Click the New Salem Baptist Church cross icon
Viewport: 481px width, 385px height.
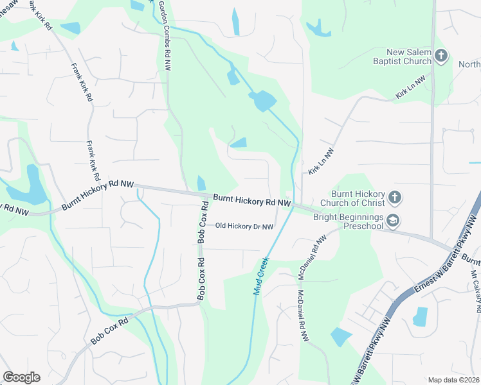pos(441,56)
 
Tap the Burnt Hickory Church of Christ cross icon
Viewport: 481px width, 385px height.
pos(395,197)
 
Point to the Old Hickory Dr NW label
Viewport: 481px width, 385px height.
pos(244,226)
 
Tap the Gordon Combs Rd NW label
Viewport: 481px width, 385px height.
pos(164,35)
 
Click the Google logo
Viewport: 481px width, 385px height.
pos(21,377)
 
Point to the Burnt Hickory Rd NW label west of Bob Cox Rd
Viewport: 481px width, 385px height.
pos(98,195)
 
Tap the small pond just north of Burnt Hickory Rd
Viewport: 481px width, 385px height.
pos(201,184)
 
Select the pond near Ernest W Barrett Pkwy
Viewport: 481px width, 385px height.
pos(420,316)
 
